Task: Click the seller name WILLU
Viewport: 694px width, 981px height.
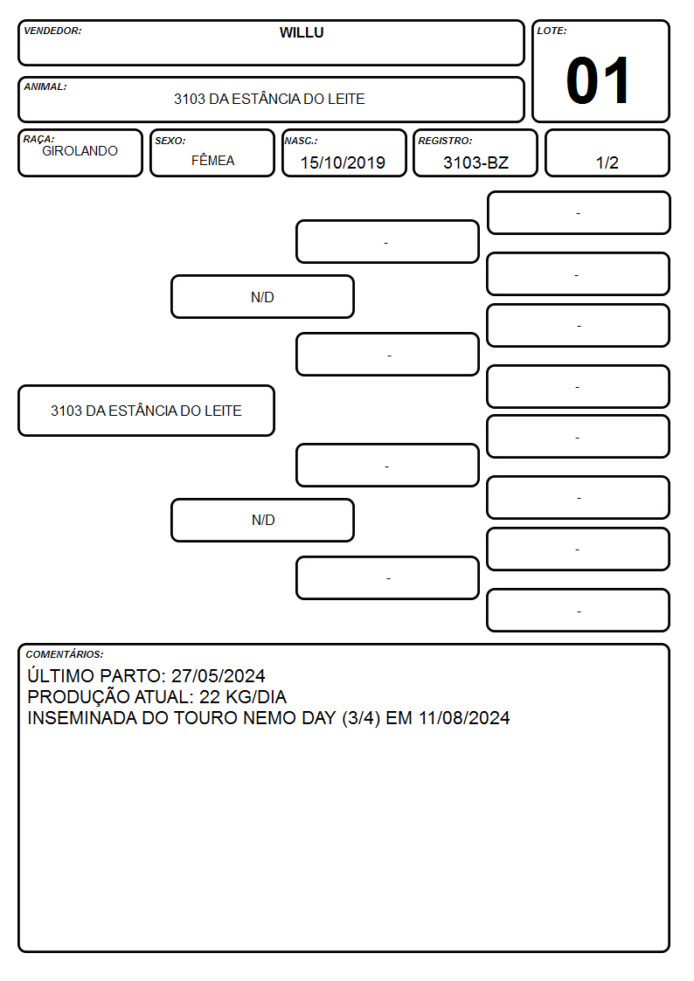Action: coord(302,32)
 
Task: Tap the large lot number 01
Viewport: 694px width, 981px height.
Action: coord(598,80)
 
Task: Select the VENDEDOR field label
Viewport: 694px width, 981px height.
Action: coord(52,31)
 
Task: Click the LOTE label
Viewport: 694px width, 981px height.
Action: coord(552,31)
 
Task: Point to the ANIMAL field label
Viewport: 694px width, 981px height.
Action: coord(45,87)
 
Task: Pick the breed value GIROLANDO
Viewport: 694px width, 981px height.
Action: coord(80,151)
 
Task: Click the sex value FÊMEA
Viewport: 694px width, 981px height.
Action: coord(212,160)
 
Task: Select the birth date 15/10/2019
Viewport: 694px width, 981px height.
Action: coord(343,162)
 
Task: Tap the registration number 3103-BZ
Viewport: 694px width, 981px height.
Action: coord(475,162)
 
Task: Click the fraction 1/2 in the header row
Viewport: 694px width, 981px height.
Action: coord(607,162)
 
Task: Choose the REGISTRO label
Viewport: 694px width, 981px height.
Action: coord(446,141)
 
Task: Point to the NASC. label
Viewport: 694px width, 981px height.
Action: coord(301,141)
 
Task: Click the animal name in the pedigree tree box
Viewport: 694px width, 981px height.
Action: coord(147,411)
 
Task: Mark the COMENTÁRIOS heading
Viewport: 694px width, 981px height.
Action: coord(65,654)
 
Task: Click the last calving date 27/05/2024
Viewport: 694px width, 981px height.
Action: coord(219,675)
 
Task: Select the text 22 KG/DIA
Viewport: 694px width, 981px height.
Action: coord(243,697)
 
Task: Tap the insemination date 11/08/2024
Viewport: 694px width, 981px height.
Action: coord(464,717)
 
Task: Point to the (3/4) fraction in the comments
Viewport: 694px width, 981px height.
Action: coord(361,717)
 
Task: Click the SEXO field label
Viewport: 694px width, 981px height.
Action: coord(170,141)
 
